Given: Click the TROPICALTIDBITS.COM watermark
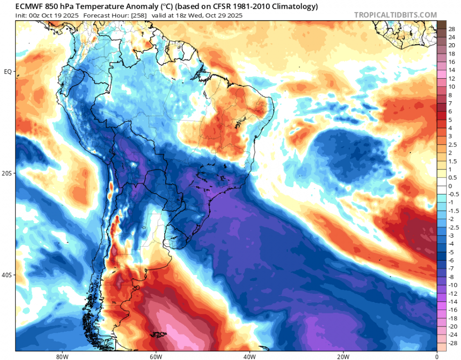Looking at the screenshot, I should [395, 15].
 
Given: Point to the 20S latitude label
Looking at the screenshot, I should [7, 173].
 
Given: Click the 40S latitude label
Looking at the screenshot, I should [7, 275].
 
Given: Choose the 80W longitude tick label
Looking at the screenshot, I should [61, 357].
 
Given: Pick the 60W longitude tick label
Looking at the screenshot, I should [155, 357].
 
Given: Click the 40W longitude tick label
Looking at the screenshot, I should [249, 357].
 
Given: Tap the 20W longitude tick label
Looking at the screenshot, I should [343, 357].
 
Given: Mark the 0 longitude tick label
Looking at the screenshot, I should [437, 357].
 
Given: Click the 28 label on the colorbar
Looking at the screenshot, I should [451, 29].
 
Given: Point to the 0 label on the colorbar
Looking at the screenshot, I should [450, 186].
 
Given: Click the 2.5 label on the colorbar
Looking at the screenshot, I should [452, 144].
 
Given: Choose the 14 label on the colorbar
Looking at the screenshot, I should [451, 70].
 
